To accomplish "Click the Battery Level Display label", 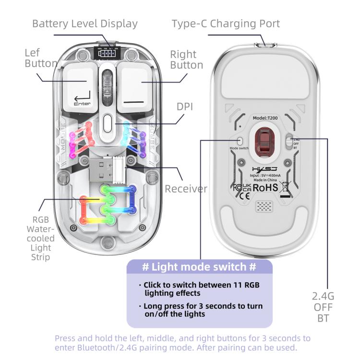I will tap(84, 24).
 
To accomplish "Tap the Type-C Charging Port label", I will tap(226, 24).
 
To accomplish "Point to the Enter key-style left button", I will tap(82, 86).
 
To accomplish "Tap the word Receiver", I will tap(186, 189).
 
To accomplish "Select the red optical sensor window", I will tap(263, 142).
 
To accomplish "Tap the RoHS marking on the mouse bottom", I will tap(265, 188).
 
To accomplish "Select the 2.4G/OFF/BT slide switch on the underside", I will tap(288, 141).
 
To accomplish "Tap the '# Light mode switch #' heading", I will tap(199, 267).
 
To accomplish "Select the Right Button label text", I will tap(186, 60).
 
